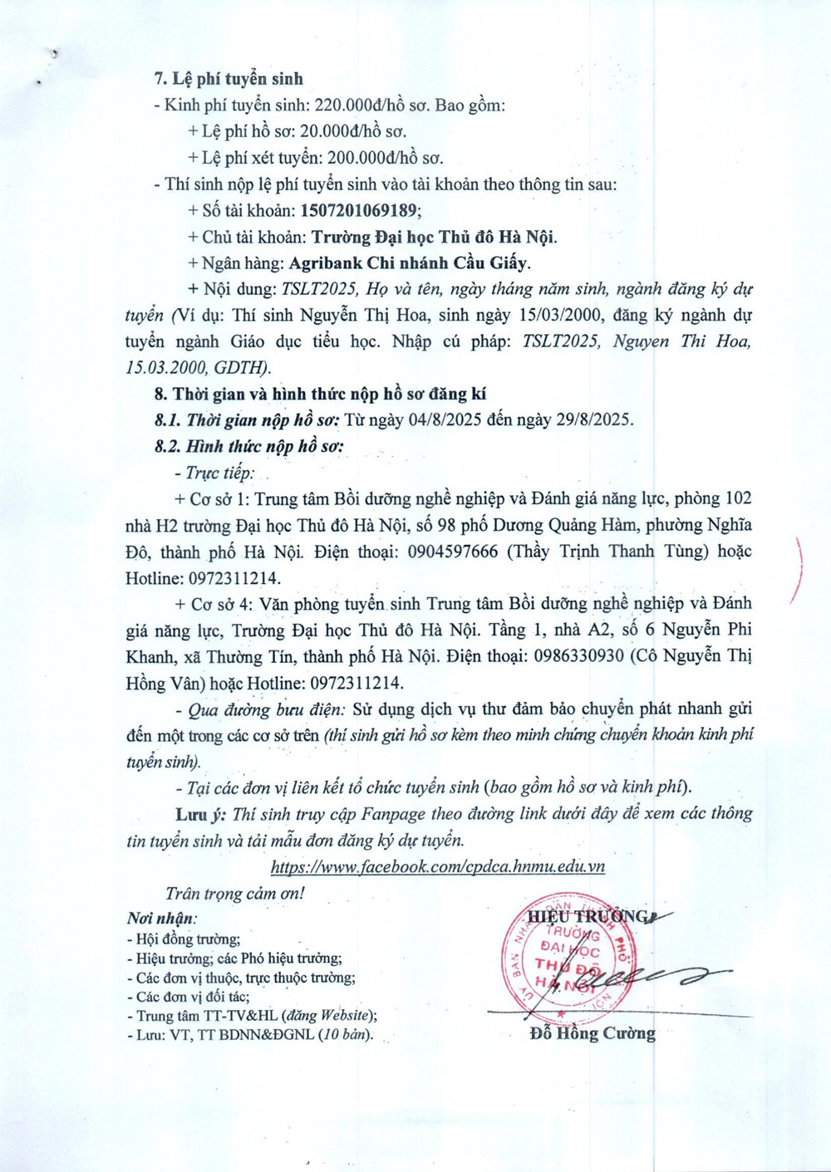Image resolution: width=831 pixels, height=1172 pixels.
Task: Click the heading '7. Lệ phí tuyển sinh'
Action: pos(229,79)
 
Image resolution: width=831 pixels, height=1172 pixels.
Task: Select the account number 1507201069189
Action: pos(361,210)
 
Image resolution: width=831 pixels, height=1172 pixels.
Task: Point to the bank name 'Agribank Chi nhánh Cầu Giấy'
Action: pos(409,263)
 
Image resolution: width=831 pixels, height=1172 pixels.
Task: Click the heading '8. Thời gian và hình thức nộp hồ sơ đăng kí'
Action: pos(320,395)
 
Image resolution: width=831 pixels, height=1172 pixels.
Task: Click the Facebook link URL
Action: pos(438,867)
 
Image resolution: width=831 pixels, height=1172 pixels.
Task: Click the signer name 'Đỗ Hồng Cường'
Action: pos(592,1034)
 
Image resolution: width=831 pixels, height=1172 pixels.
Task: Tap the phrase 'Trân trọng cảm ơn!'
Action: pos(235,894)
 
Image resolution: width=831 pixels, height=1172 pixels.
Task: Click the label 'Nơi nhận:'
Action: pos(162,919)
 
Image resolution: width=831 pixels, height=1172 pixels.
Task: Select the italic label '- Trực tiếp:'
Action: pos(215,473)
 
